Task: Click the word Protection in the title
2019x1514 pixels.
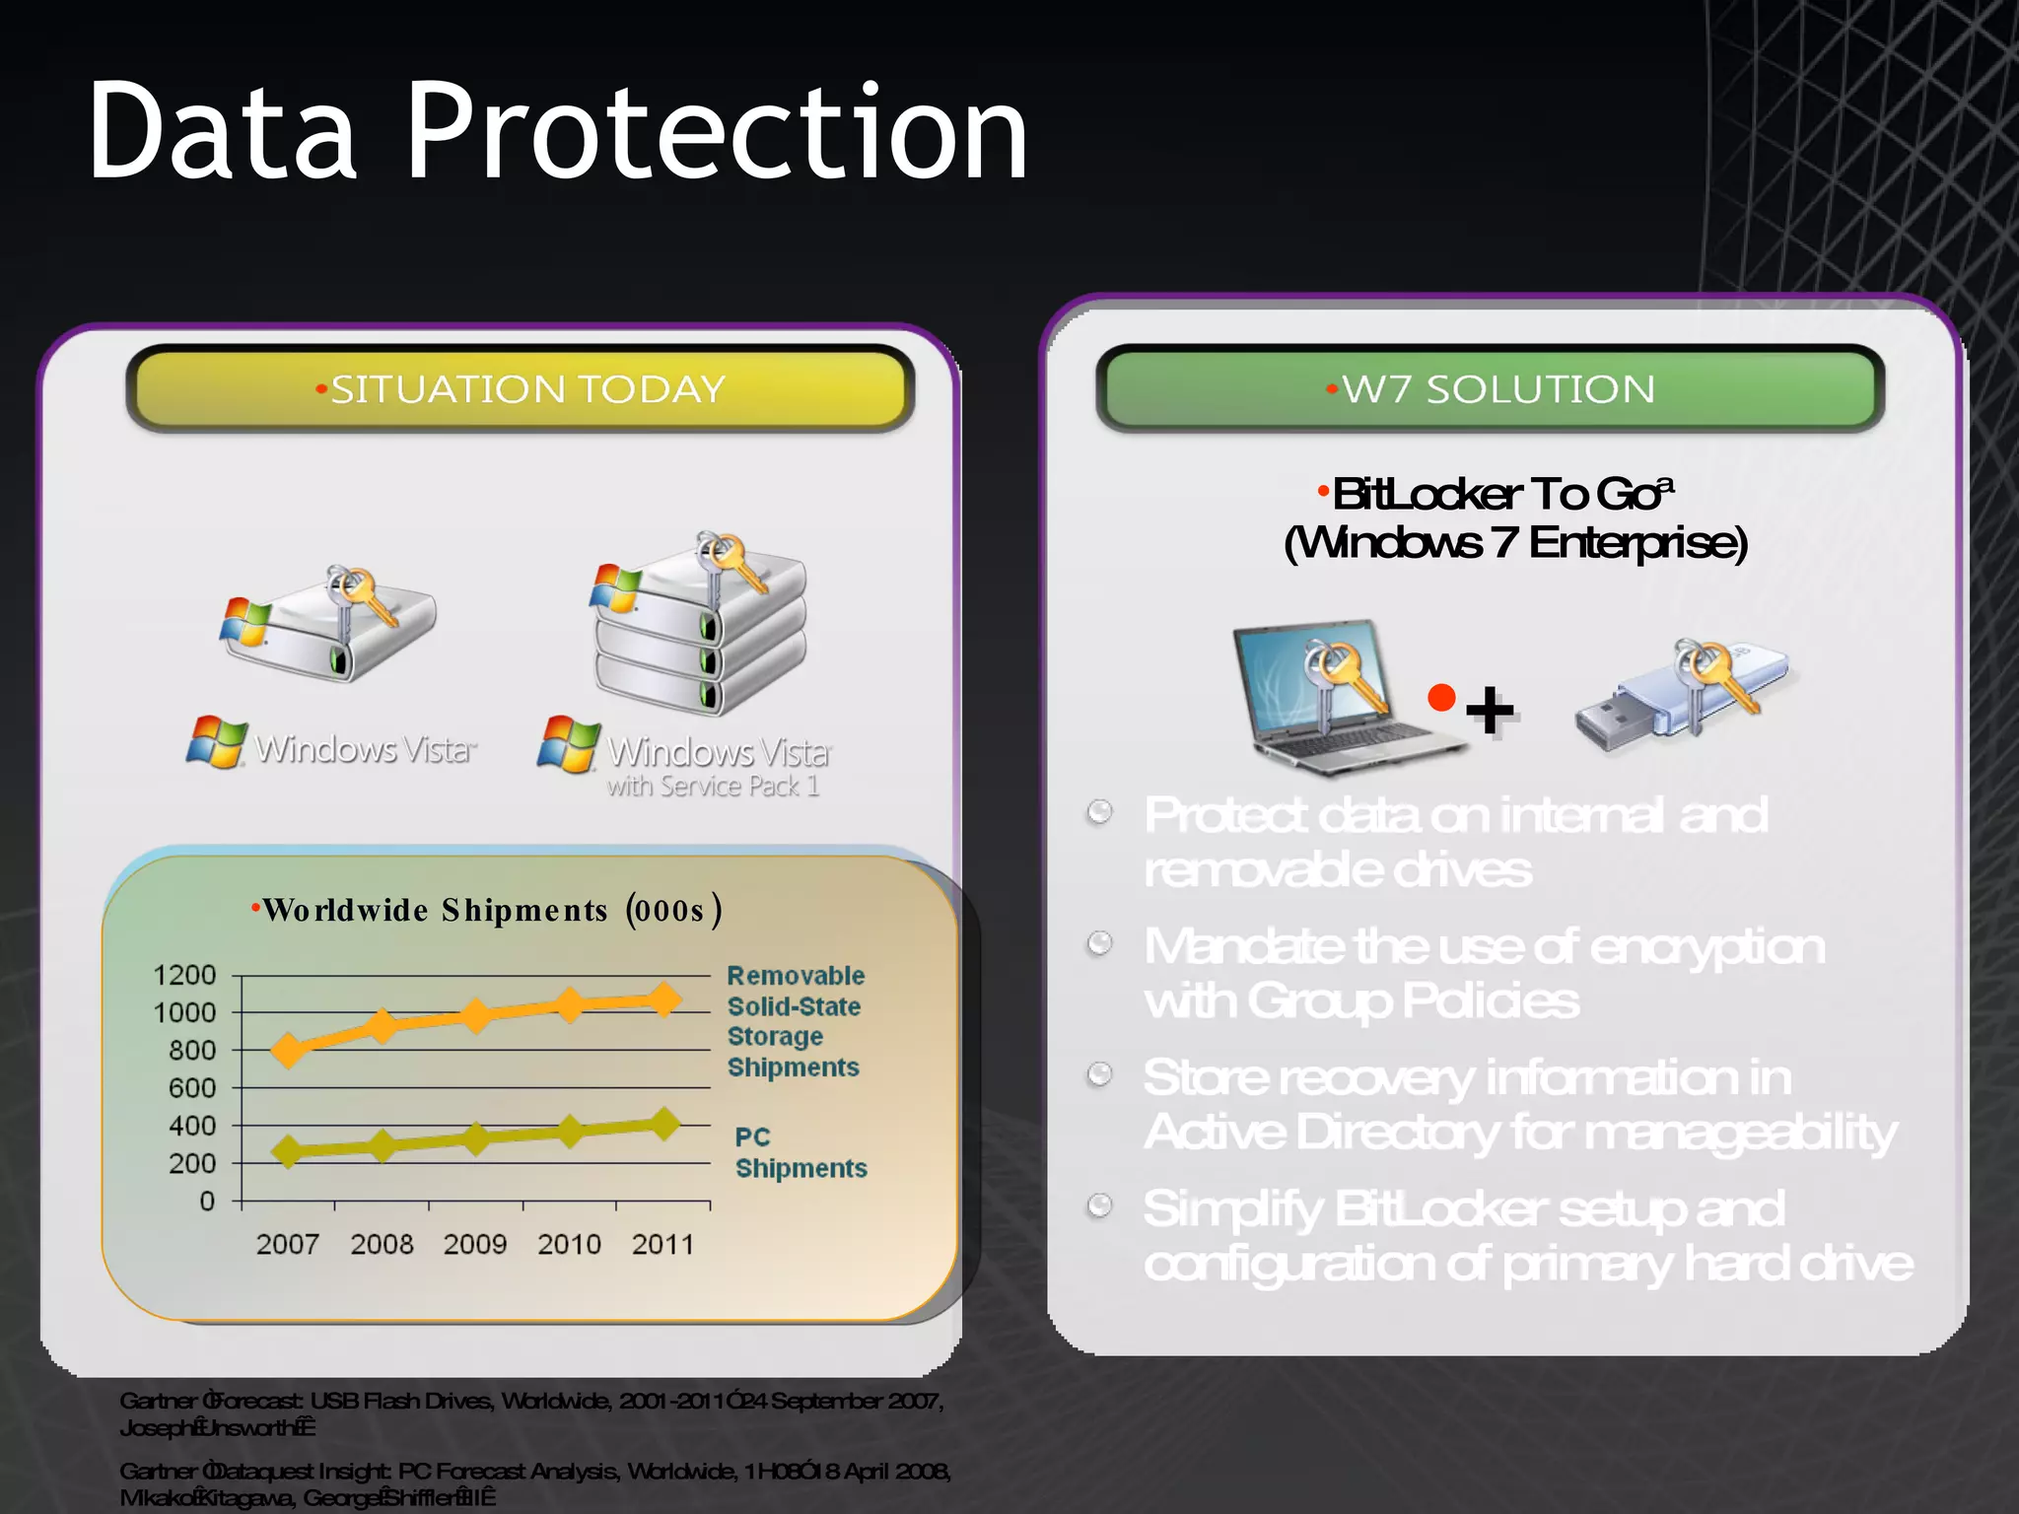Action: point(717,133)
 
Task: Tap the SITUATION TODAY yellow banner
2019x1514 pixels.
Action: point(520,389)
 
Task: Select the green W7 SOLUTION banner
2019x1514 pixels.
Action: point(1490,389)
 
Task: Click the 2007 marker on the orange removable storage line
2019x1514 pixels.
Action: point(288,1051)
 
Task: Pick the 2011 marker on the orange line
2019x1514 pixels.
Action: point(664,999)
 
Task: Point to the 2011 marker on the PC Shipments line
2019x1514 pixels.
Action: point(664,1123)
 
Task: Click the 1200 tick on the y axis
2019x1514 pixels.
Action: point(184,975)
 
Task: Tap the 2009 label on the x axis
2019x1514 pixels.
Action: point(474,1244)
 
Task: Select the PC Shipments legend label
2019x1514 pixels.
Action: point(800,1152)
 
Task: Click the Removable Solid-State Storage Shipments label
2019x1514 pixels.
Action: point(795,1021)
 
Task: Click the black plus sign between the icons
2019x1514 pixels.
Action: point(1490,710)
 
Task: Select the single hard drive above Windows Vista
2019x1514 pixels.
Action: point(330,626)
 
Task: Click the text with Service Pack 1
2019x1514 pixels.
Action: point(712,787)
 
